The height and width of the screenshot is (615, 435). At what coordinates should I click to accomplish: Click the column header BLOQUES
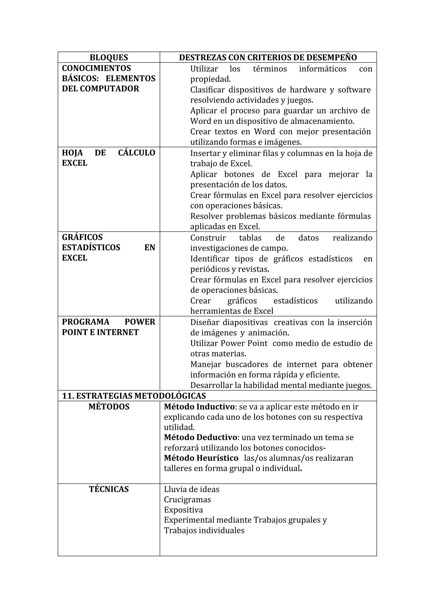[x=109, y=58]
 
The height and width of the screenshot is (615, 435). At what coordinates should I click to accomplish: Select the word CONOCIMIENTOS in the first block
[x=96, y=68]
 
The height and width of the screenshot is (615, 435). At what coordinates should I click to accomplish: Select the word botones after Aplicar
[x=239, y=174]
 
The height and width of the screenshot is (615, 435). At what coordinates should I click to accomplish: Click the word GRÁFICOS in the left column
[x=82, y=237]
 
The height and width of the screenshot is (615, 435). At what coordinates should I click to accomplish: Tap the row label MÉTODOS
[x=109, y=407]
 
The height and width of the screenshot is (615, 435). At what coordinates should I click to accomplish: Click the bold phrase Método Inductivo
[x=199, y=407]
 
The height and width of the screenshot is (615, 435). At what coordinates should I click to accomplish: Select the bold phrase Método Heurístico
[x=201, y=458]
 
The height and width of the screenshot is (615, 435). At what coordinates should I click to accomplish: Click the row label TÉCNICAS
[x=109, y=489]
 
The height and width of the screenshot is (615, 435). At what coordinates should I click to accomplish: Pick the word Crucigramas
[x=187, y=500]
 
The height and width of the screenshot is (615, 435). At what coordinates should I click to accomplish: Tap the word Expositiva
[x=183, y=510]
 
